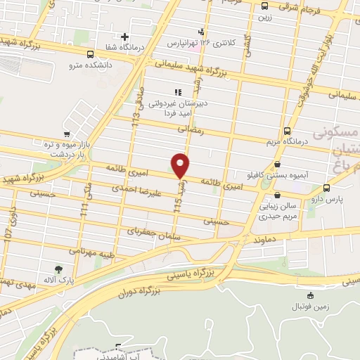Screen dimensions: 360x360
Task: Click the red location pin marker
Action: [181, 166]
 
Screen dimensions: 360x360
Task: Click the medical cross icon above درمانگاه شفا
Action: [125, 37]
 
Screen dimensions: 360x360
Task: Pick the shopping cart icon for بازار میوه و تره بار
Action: [67, 134]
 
